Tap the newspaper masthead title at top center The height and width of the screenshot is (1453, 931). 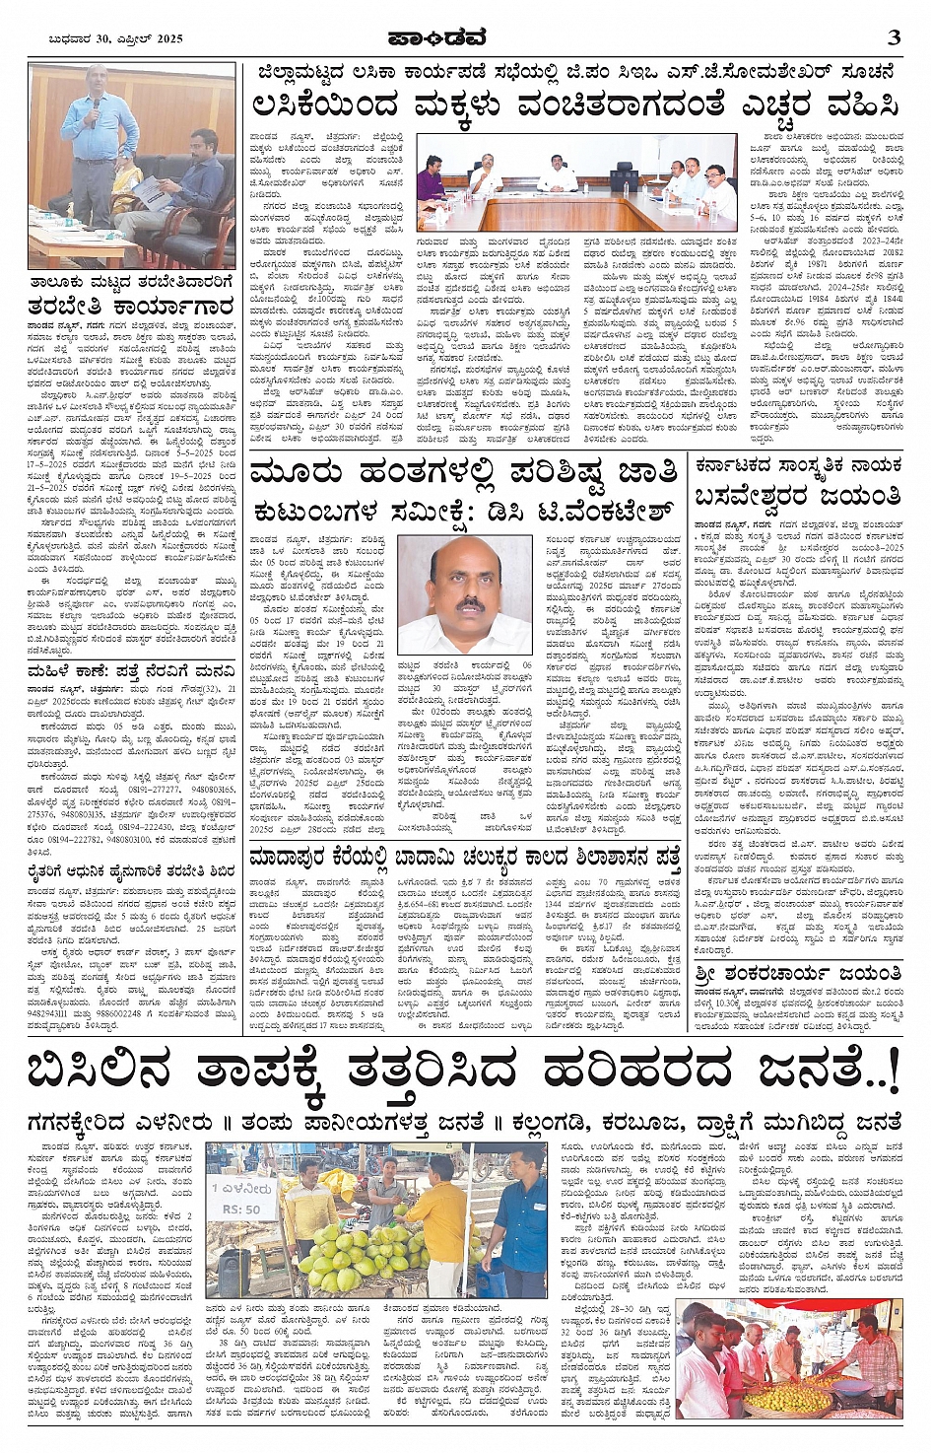[x=466, y=38]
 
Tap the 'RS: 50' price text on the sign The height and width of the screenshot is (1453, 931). [x=238, y=1210]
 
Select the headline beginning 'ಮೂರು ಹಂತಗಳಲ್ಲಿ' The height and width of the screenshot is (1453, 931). [x=464, y=472]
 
